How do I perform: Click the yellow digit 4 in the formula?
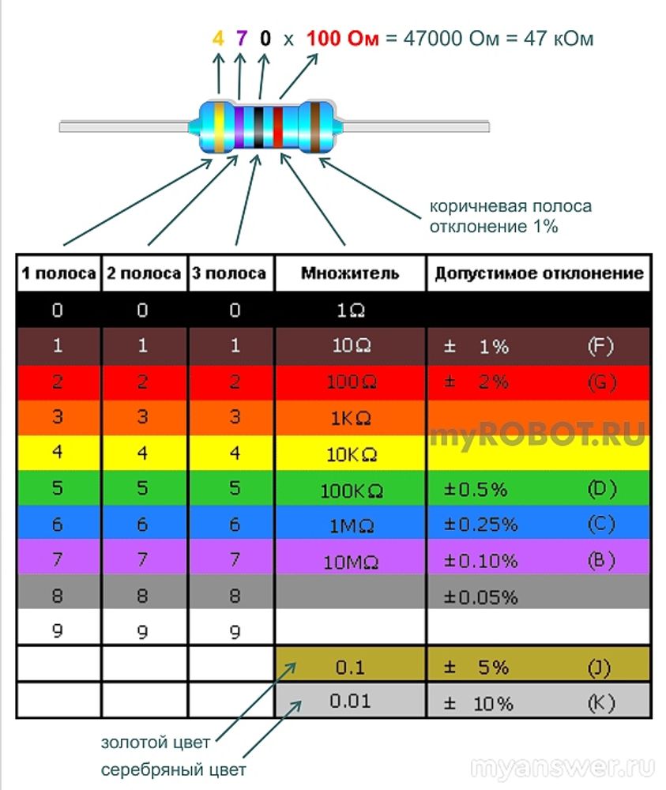coord(219,38)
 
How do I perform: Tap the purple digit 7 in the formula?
coord(242,38)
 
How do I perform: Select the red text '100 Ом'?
coord(342,38)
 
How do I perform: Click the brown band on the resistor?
coord(317,126)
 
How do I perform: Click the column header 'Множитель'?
coord(350,274)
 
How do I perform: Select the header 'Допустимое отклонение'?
coord(539,274)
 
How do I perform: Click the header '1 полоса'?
coord(58,274)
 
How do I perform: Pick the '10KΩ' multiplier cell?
coord(351,455)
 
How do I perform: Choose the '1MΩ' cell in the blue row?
coord(351,525)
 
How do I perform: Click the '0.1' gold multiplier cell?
coord(351,668)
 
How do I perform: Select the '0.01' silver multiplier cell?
coord(351,702)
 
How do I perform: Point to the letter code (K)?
coord(601,702)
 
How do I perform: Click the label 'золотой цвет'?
coord(156,743)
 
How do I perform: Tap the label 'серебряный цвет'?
coord(173,770)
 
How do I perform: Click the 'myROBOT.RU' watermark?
coord(537,433)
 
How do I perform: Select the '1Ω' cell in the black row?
coord(351,310)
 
